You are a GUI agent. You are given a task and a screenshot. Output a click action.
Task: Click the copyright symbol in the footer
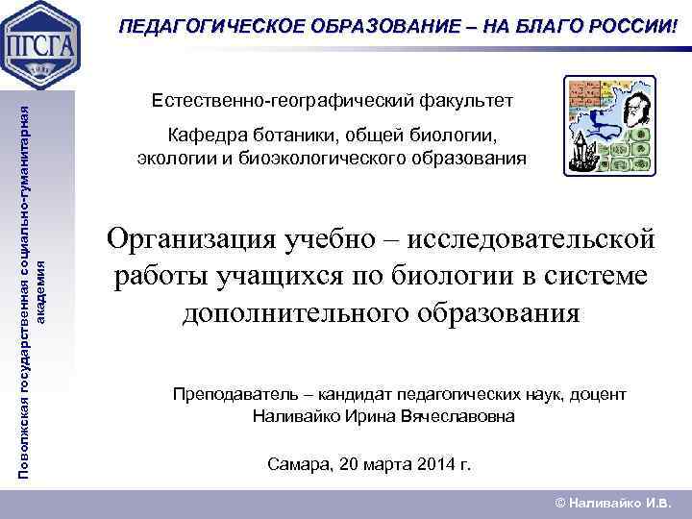561,502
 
